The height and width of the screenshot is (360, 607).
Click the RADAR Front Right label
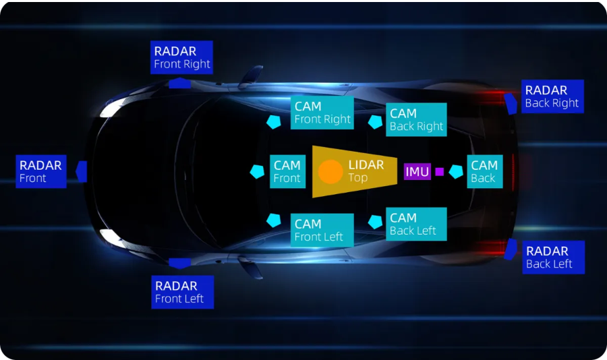181,57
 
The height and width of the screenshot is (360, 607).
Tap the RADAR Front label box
41,171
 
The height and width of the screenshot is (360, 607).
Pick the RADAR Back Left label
554,258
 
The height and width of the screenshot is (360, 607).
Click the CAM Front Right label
322,113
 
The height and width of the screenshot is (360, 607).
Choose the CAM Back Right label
416,119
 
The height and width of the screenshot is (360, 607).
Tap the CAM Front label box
287,171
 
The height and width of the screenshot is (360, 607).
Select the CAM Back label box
484,171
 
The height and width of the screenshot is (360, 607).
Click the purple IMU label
417,172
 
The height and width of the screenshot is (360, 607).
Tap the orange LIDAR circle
330,172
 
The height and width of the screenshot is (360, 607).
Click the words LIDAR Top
366,171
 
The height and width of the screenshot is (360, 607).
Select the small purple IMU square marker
440,172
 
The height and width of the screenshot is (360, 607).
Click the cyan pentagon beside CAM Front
257,171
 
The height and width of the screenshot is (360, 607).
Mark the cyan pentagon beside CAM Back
457,171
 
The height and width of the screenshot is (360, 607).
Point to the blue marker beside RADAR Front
81,171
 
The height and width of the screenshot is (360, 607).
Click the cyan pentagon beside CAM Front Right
273,121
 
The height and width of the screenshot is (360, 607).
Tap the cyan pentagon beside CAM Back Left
375,220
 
